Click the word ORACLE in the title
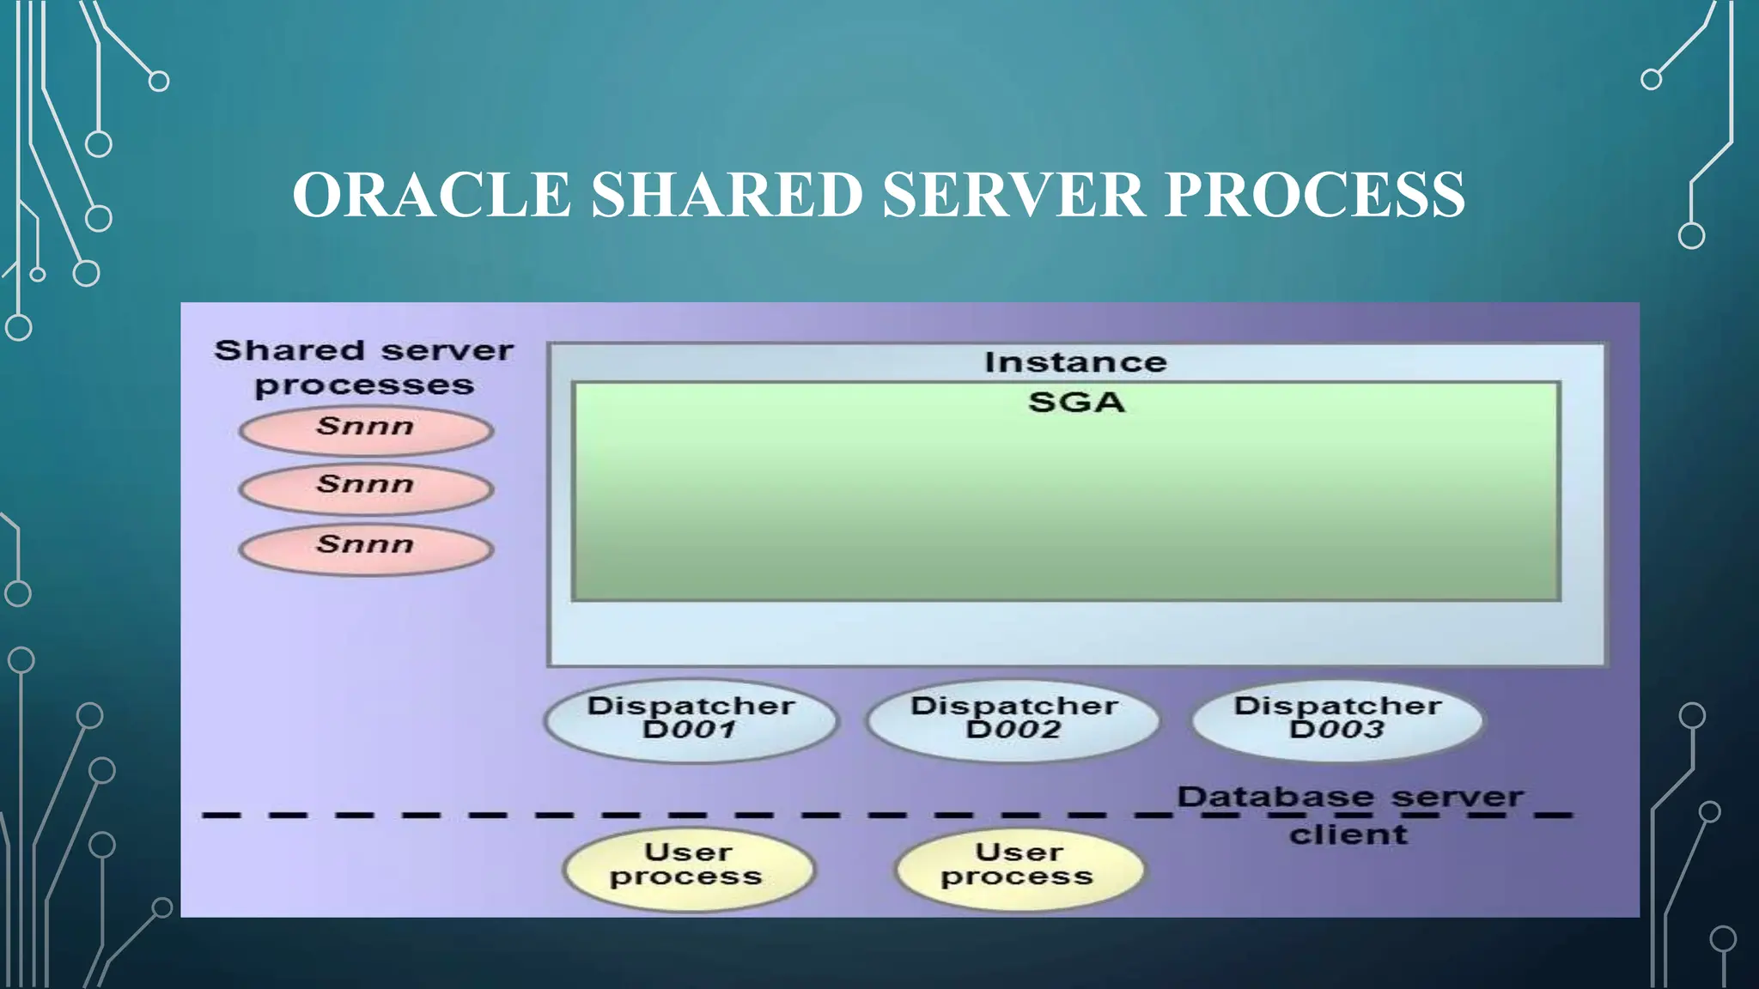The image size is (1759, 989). point(432,195)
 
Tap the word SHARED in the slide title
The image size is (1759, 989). point(727,195)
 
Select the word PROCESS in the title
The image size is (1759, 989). point(1315,195)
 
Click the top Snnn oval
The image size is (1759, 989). point(366,430)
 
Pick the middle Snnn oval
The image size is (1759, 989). point(366,488)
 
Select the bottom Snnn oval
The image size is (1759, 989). point(366,548)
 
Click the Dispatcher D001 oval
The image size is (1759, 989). point(691,719)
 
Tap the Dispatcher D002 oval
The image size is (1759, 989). point(1013,719)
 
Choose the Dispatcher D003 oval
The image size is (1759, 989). point(1337,719)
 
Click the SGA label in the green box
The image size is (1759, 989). point(1076,403)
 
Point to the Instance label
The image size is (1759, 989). point(1075,362)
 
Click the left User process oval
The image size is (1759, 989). point(688,868)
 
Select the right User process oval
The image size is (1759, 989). point(1019,868)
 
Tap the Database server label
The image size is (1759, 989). point(1349,797)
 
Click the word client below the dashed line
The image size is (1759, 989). point(1348,834)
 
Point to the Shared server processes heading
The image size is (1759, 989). point(364,367)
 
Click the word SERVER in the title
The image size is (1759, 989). point(1013,195)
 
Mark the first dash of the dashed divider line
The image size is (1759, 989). point(221,815)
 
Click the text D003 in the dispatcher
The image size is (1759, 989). point(1337,730)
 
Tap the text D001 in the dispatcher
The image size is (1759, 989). point(690,730)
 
